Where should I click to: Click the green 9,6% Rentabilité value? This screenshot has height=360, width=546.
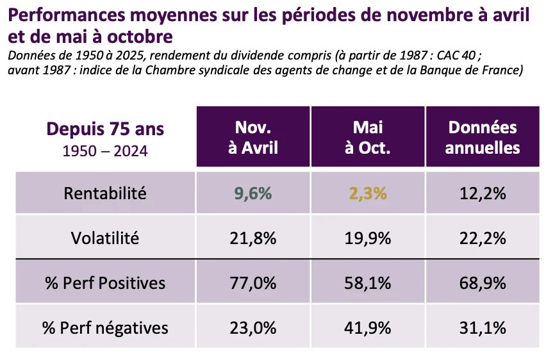(x=253, y=193)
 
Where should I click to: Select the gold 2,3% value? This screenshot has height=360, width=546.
(x=367, y=193)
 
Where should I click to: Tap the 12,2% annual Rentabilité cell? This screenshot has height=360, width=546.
(x=482, y=193)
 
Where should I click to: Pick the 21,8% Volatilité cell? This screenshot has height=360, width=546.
(x=253, y=238)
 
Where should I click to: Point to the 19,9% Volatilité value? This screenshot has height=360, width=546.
(x=367, y=238)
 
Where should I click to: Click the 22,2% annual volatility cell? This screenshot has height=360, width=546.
(x=482, y=238)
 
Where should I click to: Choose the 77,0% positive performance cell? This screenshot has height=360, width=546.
(x=253, y=283)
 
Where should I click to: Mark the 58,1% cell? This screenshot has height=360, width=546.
(x=367, y=283)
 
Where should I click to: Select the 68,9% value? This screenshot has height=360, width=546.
(x=482, y=283)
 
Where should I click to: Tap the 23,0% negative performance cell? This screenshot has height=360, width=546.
(x=253, y=328)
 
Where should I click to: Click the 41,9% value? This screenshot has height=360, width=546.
(x=367, y=328)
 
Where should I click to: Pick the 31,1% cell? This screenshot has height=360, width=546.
(x=482, y=328)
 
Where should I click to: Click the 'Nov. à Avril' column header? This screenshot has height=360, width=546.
(x=253, y=137)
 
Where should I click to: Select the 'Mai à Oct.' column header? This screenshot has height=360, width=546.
(x=367, y=137)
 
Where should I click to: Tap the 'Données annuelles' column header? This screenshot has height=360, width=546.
(x=482, y=137)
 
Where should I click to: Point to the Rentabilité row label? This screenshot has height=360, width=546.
(x=105, y=193)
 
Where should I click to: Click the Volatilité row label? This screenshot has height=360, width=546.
(x=105, y=238)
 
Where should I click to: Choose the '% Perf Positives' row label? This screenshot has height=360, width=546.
(x=105, y=283)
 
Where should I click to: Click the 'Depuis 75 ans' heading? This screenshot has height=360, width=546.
(x=105, y=129)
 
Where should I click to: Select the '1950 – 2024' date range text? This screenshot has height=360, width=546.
(x=105, y=151)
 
